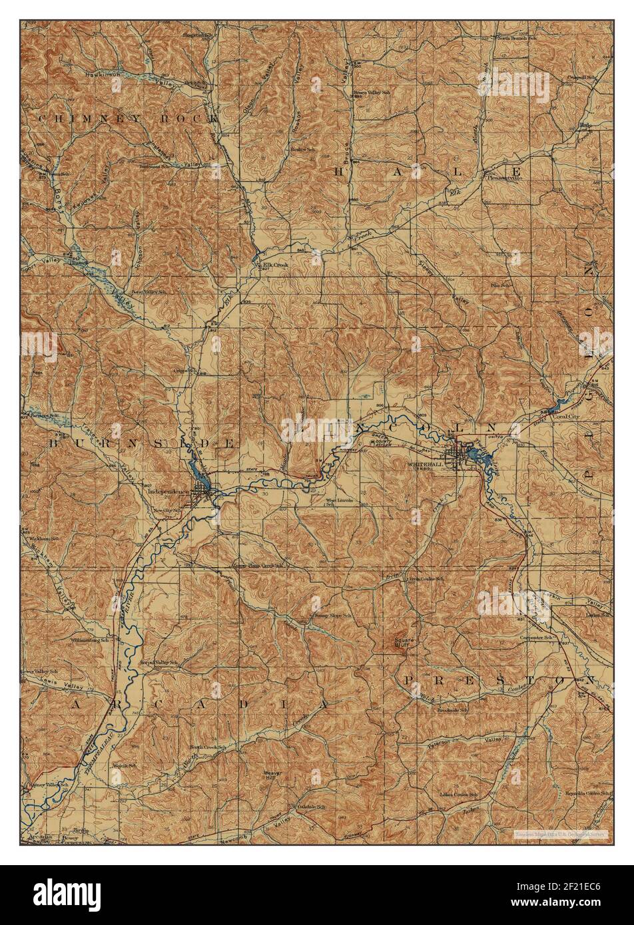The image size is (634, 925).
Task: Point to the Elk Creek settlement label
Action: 276,264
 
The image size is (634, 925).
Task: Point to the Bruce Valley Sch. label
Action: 371,92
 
